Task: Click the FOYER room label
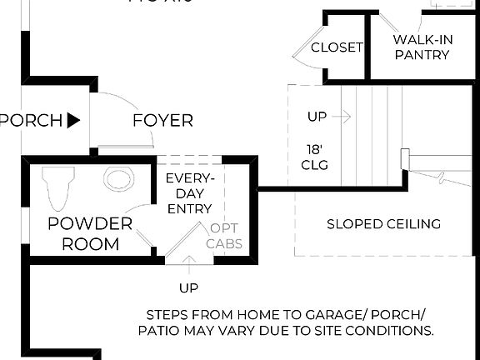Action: pyautogui.click(x=162, y=121)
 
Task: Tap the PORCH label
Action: pyautogui.click(x=32, y=121)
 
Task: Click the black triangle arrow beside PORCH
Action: pyautogui.click(x=73, y=121)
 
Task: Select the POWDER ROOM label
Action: pyautogui.click(x=90, y=233)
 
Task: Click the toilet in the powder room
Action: pyautogui.click(x=57, y=187)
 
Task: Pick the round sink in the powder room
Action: pyautogui.click(x=119, y=178)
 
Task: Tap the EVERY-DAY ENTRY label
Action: pyautogui.click(x=190, y=193)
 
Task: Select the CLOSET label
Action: pyautogui.click(x=337, y=47)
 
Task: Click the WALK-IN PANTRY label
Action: pyautogui.click(x=422, y=47)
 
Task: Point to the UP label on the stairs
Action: pyautogui.click(x=317, y=117)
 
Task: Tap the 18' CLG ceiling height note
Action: pyautogui.click(x=317, y=157)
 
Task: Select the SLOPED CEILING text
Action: pyautogui.click(x=383, y=224)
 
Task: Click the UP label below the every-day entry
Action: pyautogui.click(x=188, y=288)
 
